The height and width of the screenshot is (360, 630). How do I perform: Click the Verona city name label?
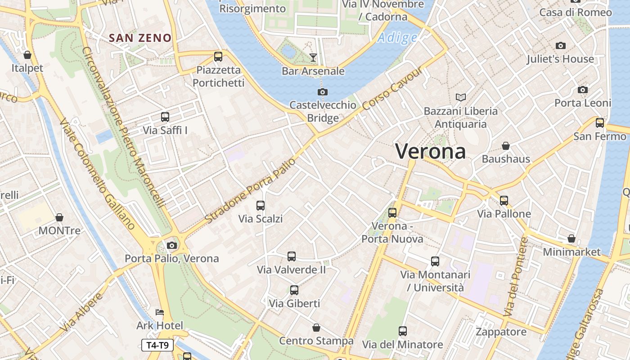pyautogui.click(x=430, y=151)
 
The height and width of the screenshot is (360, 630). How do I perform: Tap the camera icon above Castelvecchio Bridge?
pyautogui.click(x=322, y=92)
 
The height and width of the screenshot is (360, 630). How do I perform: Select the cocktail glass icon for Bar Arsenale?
pyautogui.click(x=313, y=57)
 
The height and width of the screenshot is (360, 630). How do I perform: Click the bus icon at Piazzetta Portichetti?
pyautogui.click(x=218, y=57)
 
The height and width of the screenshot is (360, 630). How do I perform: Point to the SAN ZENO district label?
pyautogui.click(x=140, y=38)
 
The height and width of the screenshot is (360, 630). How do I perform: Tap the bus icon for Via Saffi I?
pyautogui.click(x=165, y=117)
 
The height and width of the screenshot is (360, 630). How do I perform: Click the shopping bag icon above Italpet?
pyautogui.click(x=27, y=55)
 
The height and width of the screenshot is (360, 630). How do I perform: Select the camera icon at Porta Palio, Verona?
pyautogui.click(x=171, y=245)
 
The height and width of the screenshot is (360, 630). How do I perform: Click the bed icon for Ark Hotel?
pyautogui.click(x=160, y=312)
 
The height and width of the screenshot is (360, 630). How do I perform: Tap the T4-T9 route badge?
pyautogui.click(x=157, y=345)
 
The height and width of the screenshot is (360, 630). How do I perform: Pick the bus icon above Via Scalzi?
pyautogui.click(x=261, y=206)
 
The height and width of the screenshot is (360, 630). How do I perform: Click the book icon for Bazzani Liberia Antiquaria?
pyautogui.click(x=460, y=97)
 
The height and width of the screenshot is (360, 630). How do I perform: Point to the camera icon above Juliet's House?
pyautogui.click(x=560, y=45)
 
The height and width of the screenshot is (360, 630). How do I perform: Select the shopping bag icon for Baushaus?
pyautogui.click(x=506, y=146)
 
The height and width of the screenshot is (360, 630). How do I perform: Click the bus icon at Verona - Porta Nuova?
pyautogui.click(x=392, y=212)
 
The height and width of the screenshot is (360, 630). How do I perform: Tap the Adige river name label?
pyautogui.click(x=397, y=38)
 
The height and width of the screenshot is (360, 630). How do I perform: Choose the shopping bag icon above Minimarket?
pyautogui.click(x=571, y=238)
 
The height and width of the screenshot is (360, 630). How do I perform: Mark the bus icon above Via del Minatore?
pyautogui.click(x=403, y=331)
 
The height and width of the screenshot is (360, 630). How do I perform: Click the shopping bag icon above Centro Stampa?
pyautogui.click(x=316, y=328)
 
